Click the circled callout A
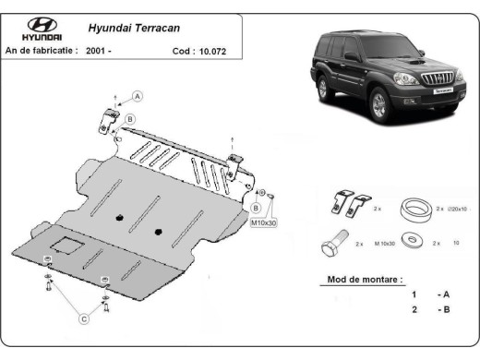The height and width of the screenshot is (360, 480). (x=138, y=96)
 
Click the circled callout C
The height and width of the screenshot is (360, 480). (x=84, y=319)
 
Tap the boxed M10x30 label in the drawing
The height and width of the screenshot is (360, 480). (x=264, y=222)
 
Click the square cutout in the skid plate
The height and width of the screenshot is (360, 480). (x=66, y=246)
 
